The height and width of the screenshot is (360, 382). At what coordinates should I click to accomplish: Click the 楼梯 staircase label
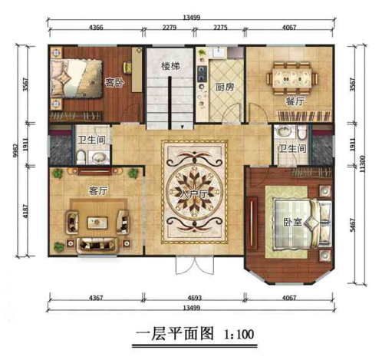tap(170, 67)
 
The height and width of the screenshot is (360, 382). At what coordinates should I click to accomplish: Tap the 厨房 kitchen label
tap(223, 86)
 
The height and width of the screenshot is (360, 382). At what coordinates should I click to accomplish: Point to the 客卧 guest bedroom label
tap(114, 82)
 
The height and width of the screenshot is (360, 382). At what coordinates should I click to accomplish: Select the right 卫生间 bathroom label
tap(292, 147)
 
